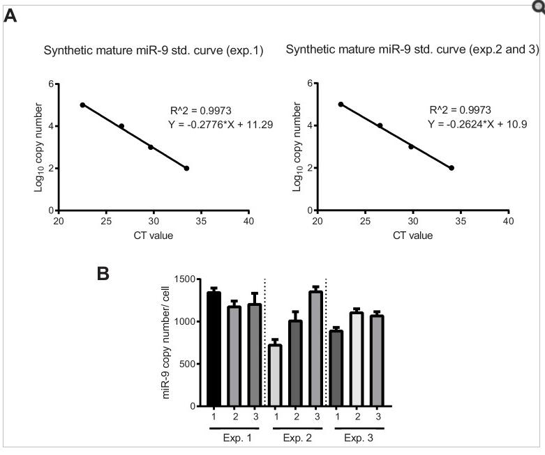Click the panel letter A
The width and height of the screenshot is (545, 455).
click(x=10, y=15)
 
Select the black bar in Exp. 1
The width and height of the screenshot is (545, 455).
click(x=214, y=349)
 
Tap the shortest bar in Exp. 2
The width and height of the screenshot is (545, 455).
click(x=275, y=376)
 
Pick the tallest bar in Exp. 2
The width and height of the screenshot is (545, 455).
click(x=315, y=349)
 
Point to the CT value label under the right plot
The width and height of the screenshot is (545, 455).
click(x=412, y=235)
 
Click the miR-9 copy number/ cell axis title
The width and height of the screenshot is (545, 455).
click(x=167, y=341)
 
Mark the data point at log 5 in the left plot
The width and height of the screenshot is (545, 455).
click(x=82, y=105)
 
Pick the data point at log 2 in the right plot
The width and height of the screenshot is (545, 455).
click(x=451, y=168)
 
